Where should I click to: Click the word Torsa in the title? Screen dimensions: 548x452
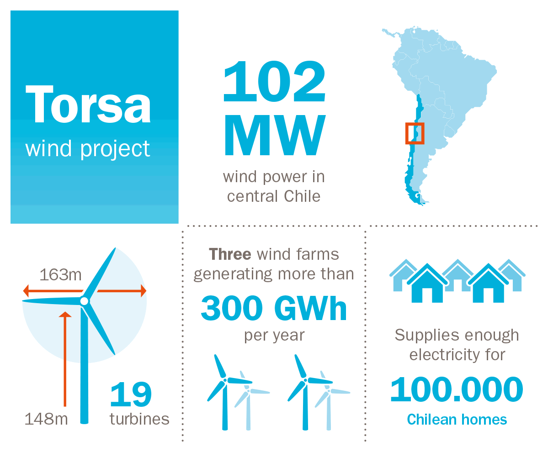(x=88, y=105)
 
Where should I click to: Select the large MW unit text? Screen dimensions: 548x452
(x=275, y=135)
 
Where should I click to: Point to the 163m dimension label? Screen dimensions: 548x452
(x=60, y=275)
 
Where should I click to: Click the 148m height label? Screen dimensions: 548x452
(x=46, y=419)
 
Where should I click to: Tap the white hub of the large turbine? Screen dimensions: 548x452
(x=84, y=301)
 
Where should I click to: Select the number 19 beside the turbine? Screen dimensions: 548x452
(x=131, y=394)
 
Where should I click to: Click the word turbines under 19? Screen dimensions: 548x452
(x=139, y=419)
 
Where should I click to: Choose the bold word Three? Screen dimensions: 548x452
(x=230, y=254)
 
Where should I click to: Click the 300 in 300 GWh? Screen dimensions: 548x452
(x=232, y=308)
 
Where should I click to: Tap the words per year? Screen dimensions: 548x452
(x=274, y=336)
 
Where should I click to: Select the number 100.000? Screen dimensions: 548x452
(x=457, y=389)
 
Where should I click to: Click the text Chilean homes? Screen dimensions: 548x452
(x=457, y=420)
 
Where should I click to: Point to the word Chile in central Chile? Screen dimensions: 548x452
(x=302, y=196)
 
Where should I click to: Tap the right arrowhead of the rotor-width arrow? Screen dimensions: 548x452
(x=144, y=290)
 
